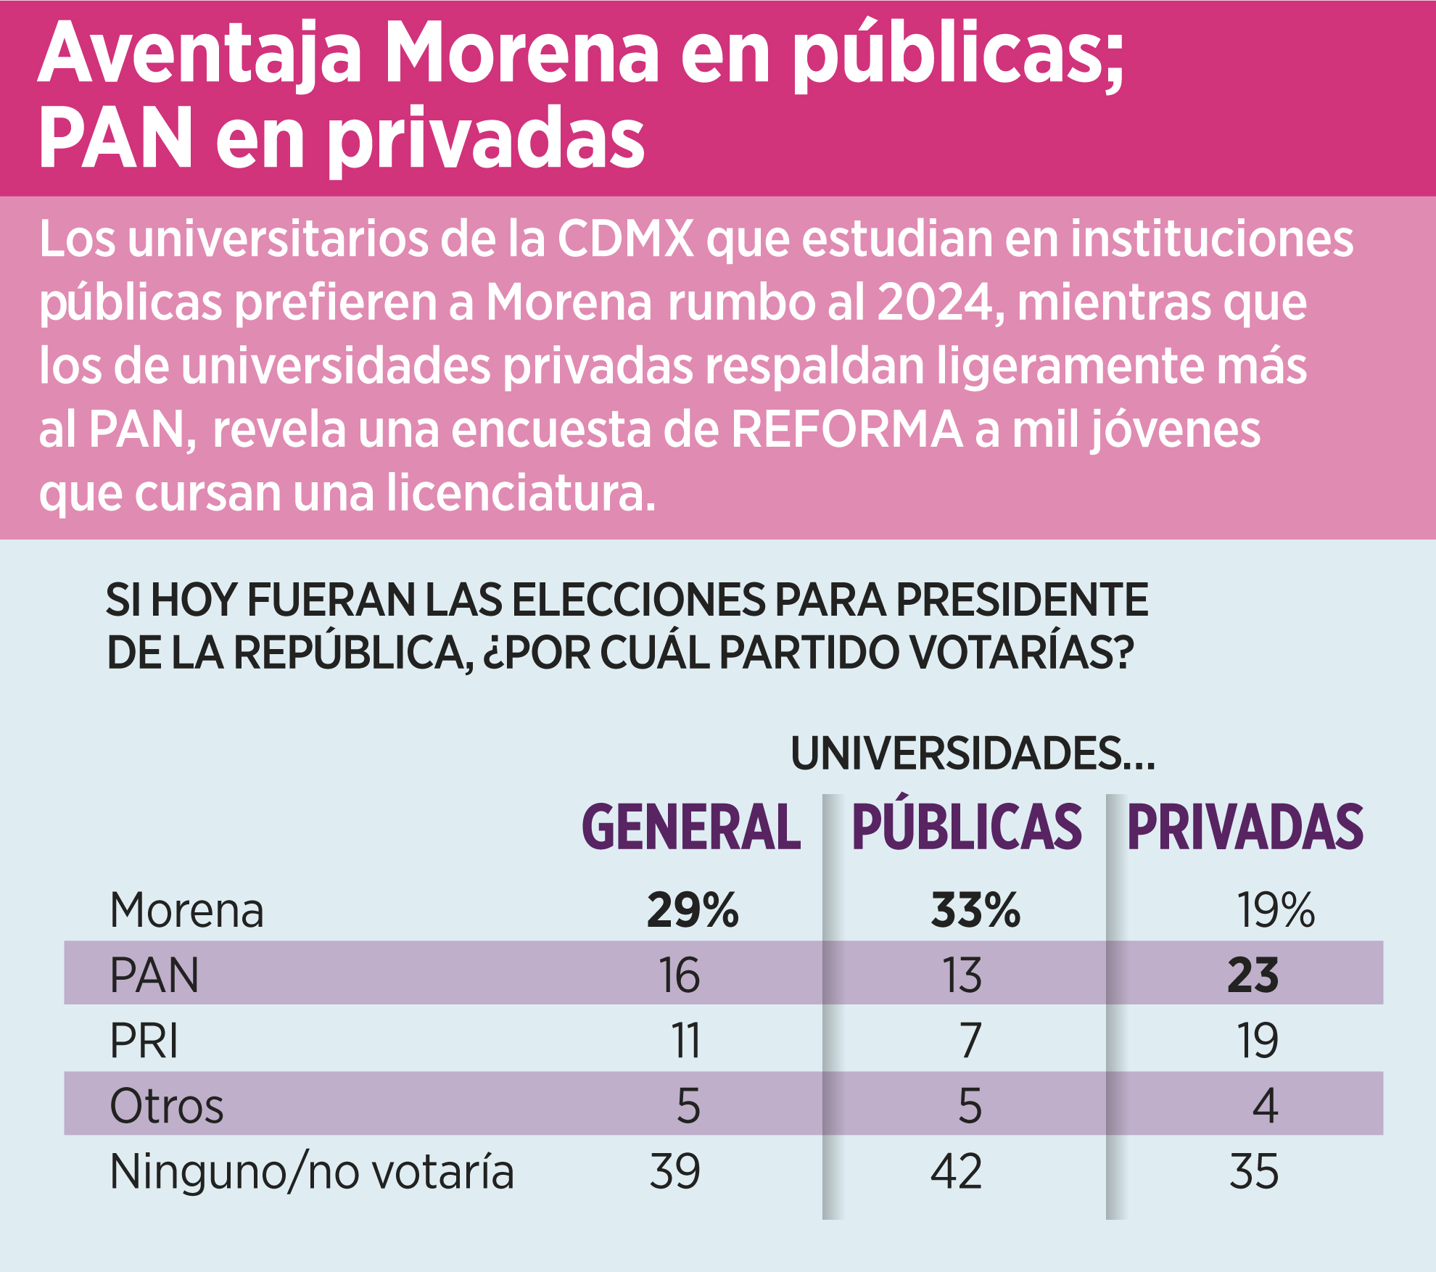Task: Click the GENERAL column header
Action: coord(691,827)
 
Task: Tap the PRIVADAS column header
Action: coord(1245,827)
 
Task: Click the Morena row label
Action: coord(186,910)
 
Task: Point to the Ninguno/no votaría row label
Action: coord(312,1172)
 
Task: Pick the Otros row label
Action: coord(167,1107)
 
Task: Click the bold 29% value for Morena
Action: coord(692,910)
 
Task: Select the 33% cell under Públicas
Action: coord(975,910)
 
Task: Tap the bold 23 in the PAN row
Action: coord(1253,976)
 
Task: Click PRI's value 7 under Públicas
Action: coord(970,1041)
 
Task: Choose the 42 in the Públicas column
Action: coord(956,1172)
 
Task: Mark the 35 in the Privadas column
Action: coord(1253,1172)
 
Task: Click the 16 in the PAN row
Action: coord(679,976)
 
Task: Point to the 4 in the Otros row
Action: coord(1265,1107)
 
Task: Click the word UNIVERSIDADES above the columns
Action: coord(956,753)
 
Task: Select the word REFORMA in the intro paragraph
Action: coord(846,429)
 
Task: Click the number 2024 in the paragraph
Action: coord(934,302)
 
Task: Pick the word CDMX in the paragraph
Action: coord(625,239)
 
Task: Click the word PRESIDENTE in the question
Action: coord(1021,600)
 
